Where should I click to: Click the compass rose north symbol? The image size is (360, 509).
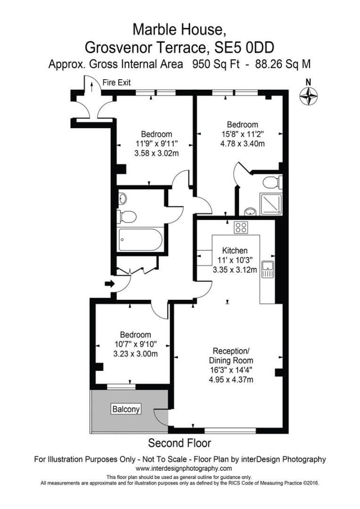pos(309,96)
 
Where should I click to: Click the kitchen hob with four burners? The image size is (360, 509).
pos(241,227)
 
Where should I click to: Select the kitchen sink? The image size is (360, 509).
pos(268,269)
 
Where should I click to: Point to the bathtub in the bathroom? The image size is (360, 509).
pos(140,240)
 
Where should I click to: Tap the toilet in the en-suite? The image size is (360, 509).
pos(272,182)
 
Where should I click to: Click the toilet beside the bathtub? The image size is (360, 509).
pos(127,217)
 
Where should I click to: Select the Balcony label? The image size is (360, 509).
pos(126,409)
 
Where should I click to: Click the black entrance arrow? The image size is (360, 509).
pos(109,284)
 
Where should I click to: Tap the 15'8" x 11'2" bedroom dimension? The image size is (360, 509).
pos(242,134)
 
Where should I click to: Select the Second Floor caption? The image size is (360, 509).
pos(180,443)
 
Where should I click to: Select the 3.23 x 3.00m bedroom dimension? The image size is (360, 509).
pos(135,354)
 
